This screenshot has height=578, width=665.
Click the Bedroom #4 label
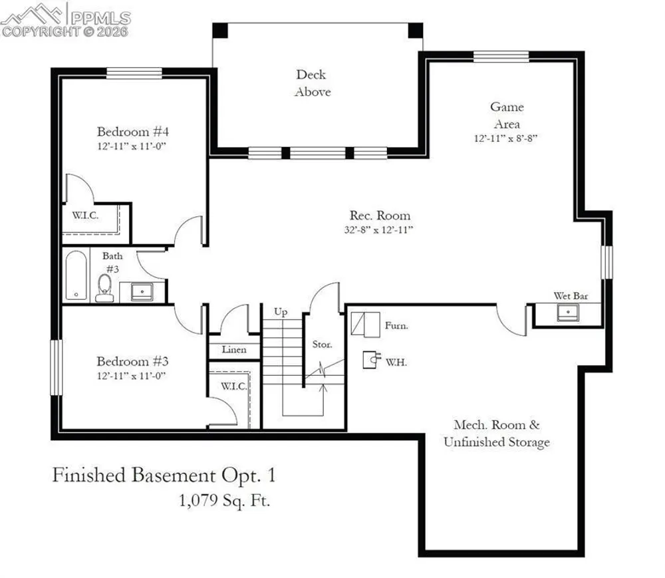(133, 132)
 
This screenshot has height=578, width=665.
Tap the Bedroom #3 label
(133, 361)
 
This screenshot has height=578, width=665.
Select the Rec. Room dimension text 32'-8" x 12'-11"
(379, 230)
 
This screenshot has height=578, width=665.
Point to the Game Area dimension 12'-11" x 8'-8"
(505, 138)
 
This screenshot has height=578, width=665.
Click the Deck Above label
(312, 83)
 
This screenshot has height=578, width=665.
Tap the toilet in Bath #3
(104, 287)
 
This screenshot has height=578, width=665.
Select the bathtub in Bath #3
(76, 275)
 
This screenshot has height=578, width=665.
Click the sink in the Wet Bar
(568, 313)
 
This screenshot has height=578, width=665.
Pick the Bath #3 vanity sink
(142, 292)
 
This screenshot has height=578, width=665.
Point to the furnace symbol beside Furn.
(365, 325)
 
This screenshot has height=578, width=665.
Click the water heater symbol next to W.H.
(372, 360)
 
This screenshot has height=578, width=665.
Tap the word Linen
(234, 349)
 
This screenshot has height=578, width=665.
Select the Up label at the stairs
(281, 312)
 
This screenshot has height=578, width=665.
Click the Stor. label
(322, 345)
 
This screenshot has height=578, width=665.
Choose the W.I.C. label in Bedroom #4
(85, 215)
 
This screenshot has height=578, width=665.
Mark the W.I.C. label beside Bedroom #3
(233, 386)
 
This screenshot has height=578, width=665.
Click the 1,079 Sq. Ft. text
(224, 501)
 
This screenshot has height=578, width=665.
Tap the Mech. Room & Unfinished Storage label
(497, 434)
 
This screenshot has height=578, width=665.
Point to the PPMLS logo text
(100, 18)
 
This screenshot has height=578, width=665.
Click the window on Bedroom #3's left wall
(56, 367)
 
